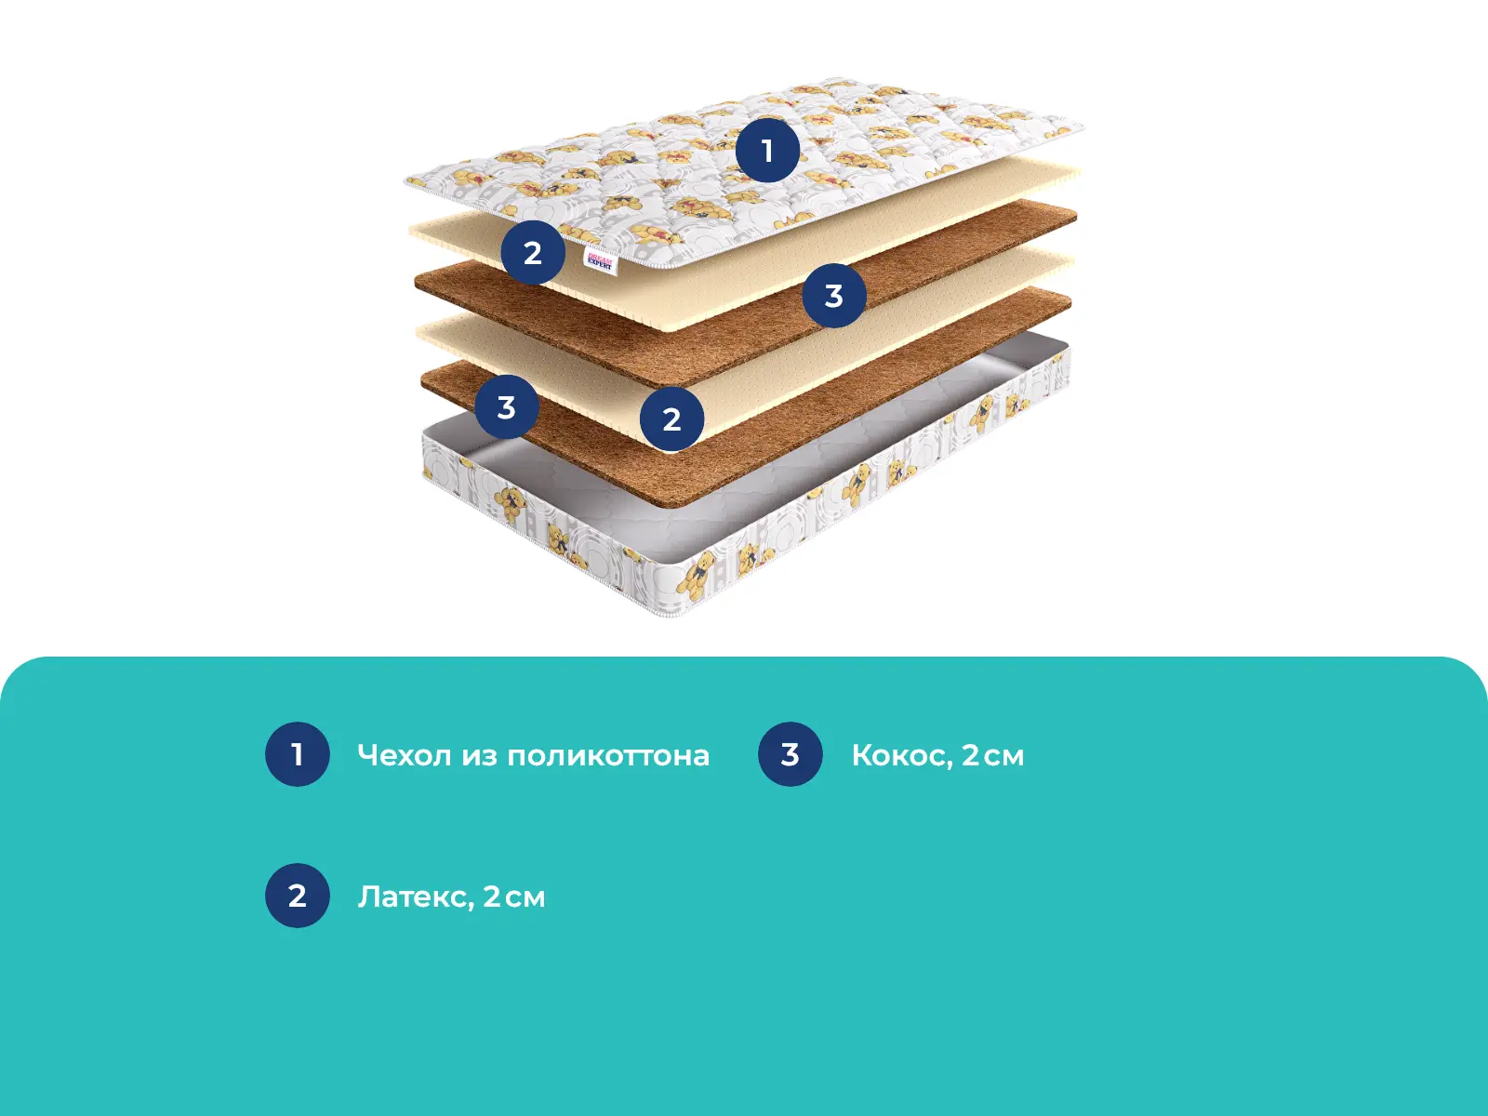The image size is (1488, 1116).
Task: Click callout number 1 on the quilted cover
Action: tap(767, 150)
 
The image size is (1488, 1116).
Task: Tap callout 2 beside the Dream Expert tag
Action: tap(533, 253)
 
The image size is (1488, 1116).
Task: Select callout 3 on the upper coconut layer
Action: tap(834, 296)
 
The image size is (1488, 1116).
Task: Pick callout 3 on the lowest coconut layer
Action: tap(507, 407)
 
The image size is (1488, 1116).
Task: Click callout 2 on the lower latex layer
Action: tap(671, 418)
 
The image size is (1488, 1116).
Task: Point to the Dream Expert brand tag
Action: tap(600, 260)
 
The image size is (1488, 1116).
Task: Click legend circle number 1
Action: tap(297, 754)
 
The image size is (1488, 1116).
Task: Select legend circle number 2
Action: tap(297, 895)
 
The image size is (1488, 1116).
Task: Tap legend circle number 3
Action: tap(790, 754)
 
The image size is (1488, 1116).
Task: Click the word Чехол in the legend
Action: tap(404, 755)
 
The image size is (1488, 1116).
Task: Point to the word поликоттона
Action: tap(608, 756)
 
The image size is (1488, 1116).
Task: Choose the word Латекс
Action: tap(416, 897)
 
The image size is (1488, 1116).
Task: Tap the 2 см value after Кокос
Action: tap(993, 755)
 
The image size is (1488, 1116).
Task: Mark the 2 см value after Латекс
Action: tap(514, 897)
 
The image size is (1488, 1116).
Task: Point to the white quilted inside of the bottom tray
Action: tap(678, 495)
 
